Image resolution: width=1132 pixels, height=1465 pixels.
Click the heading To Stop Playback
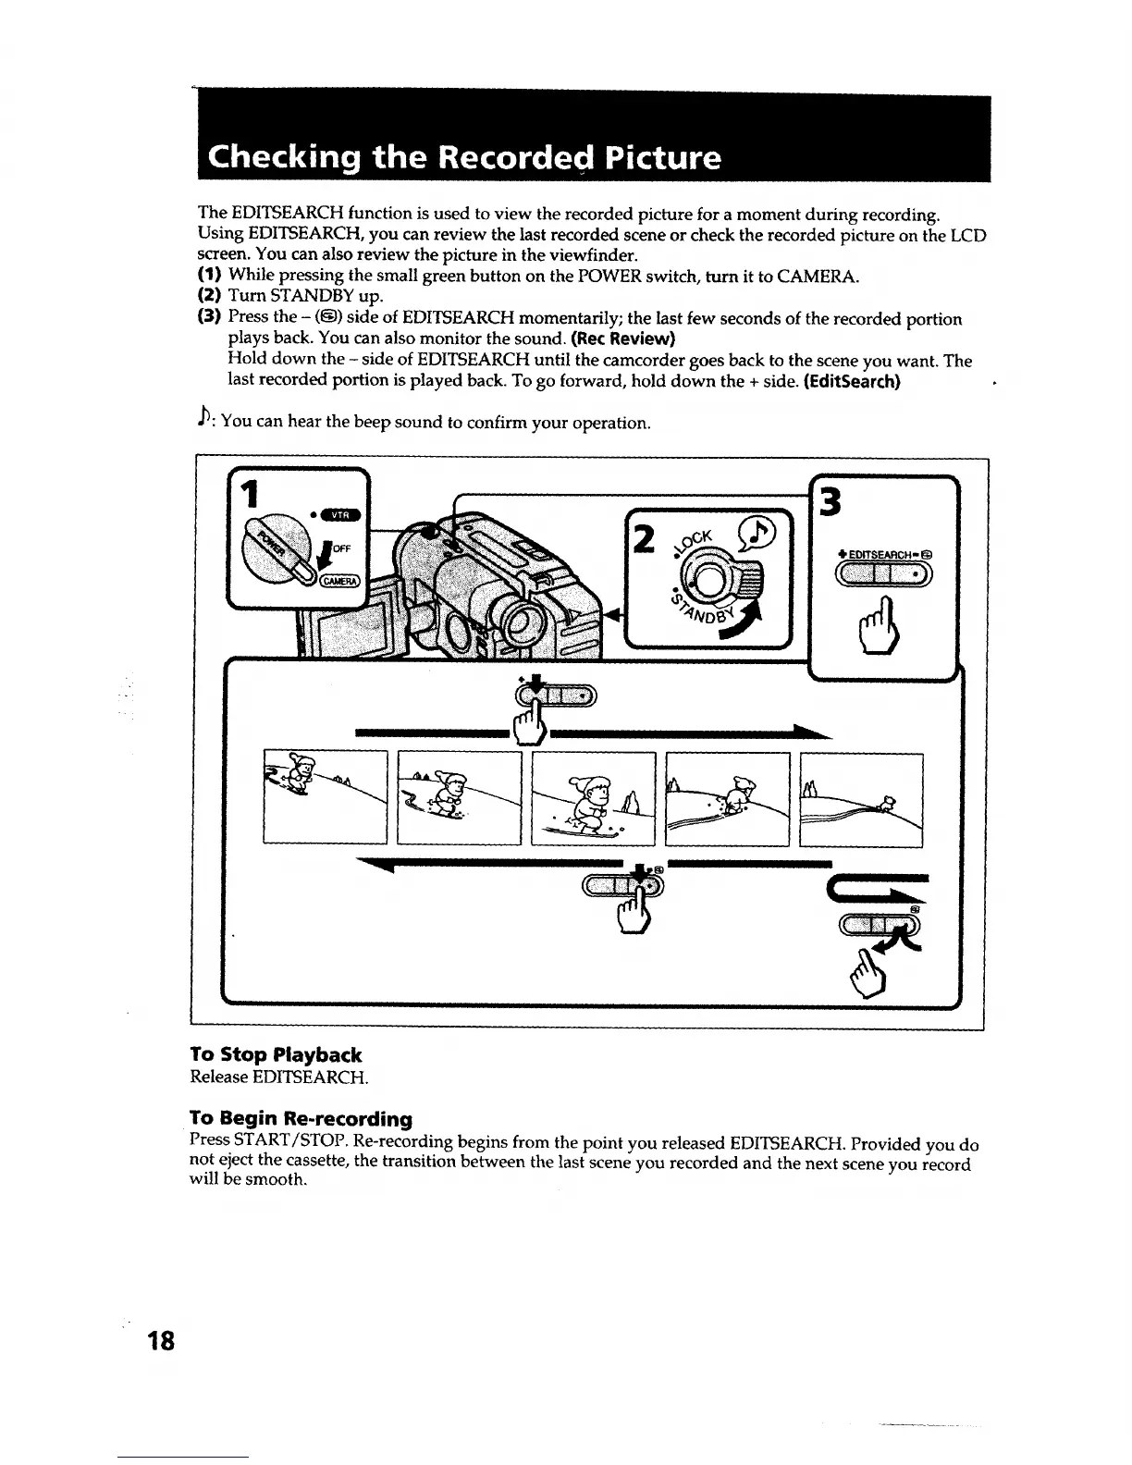(276, 1054)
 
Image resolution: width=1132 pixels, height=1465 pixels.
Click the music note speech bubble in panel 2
(761, 532)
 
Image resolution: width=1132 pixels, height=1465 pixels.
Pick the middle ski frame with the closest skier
(593, 799)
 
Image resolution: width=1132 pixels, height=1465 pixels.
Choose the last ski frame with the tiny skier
(861, 799)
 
